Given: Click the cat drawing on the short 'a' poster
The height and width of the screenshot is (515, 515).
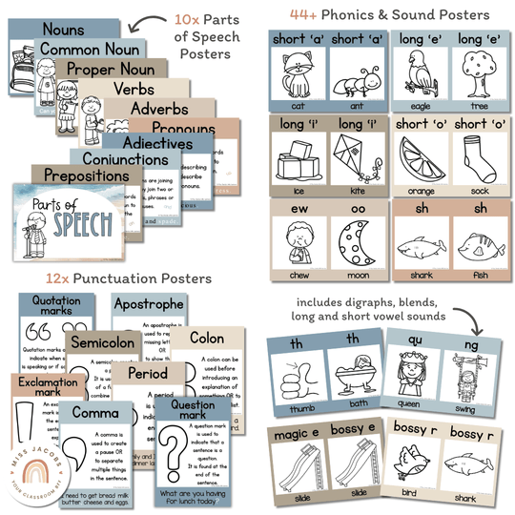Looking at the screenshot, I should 295,73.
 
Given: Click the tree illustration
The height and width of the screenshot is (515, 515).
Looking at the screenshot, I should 474,73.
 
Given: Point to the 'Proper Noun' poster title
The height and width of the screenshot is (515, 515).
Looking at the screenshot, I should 106,70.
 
